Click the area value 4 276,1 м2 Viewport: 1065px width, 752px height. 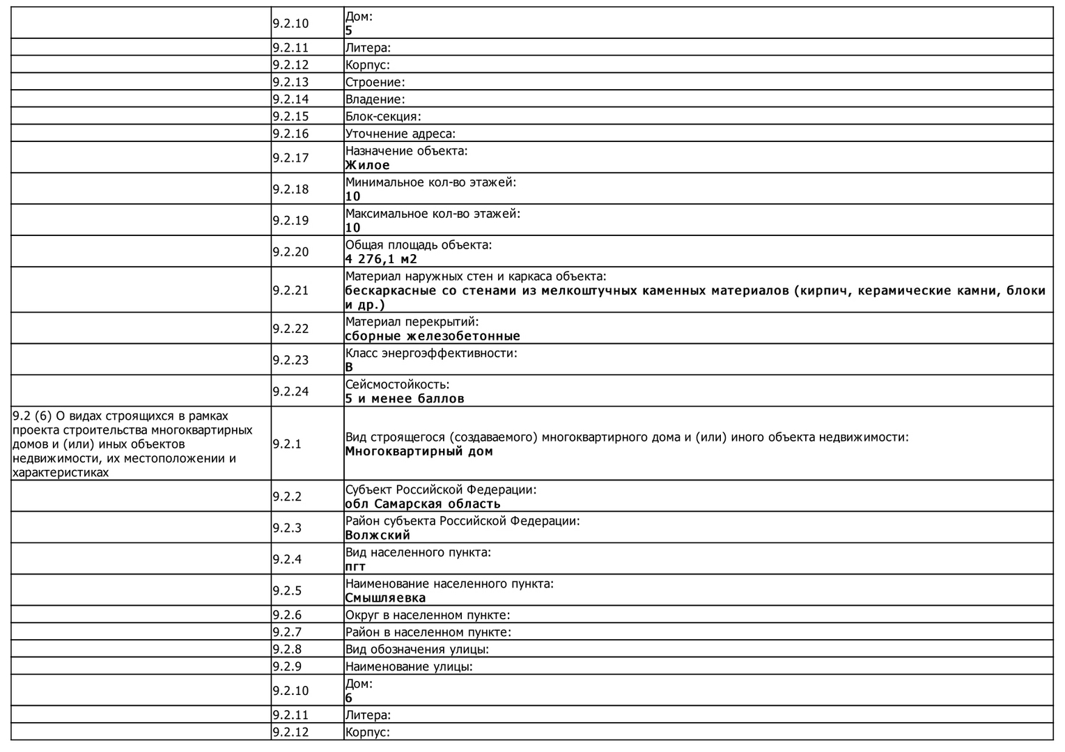381,259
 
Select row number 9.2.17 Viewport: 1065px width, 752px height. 290,158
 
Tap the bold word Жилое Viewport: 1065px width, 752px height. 367,165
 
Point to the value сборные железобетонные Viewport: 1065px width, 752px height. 433,336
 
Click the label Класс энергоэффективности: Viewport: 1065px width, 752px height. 431,353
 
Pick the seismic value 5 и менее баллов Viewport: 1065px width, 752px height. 405,398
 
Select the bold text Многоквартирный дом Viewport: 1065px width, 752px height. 419,451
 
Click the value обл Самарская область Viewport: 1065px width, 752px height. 423,503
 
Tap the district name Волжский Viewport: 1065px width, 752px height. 378,535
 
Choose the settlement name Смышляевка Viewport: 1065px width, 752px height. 385,597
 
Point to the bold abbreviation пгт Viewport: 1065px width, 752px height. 355,566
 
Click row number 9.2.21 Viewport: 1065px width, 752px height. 290,290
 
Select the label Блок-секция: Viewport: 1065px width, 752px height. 383,116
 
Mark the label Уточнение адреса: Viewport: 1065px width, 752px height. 401,134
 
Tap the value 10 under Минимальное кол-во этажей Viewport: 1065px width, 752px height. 353,196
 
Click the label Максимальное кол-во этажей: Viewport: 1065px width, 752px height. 433,213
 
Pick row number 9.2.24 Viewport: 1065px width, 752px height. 290,391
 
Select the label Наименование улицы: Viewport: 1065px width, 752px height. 409,666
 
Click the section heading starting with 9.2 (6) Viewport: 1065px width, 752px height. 132,444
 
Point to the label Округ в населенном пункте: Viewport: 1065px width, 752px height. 428,615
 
